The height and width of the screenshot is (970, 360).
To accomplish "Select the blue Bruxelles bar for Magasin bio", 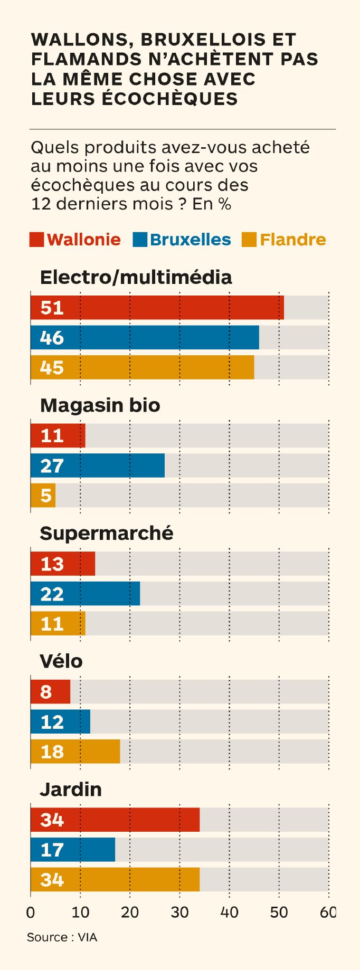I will [x=98, y=465].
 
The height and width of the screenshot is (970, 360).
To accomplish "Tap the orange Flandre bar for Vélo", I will [x=75, y=752].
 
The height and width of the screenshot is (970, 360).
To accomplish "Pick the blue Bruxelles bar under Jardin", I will [x=73, y=850].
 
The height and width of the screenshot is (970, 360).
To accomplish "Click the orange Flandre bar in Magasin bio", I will [x=43, y=496].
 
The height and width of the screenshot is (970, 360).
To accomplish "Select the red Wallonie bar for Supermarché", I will [x=63, y=564].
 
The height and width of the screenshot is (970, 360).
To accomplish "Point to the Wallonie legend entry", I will [x=83, y=240].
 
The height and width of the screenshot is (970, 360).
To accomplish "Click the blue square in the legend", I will [x=140, y=240].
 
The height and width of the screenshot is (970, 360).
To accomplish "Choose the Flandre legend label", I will [x=292, y=240].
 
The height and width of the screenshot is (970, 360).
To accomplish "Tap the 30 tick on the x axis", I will [x=179, y=912].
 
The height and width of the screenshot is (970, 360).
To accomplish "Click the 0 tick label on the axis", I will [x=31, y=912].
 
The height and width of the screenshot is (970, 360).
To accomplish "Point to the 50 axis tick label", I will [x=279, y=912].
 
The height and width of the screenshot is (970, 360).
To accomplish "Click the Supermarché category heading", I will [x=107, y=533].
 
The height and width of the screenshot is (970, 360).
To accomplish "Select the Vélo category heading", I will [x=61, y=661].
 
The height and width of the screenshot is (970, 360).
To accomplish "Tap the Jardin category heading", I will [x=71, y=789].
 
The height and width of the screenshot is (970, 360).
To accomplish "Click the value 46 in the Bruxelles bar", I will [x=52, y=338].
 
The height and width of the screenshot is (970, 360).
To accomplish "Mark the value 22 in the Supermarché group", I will [x=52, y=594].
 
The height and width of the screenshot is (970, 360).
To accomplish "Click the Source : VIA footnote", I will [x=62, y=937].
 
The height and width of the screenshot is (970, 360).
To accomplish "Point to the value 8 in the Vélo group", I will [x=46, y=691].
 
